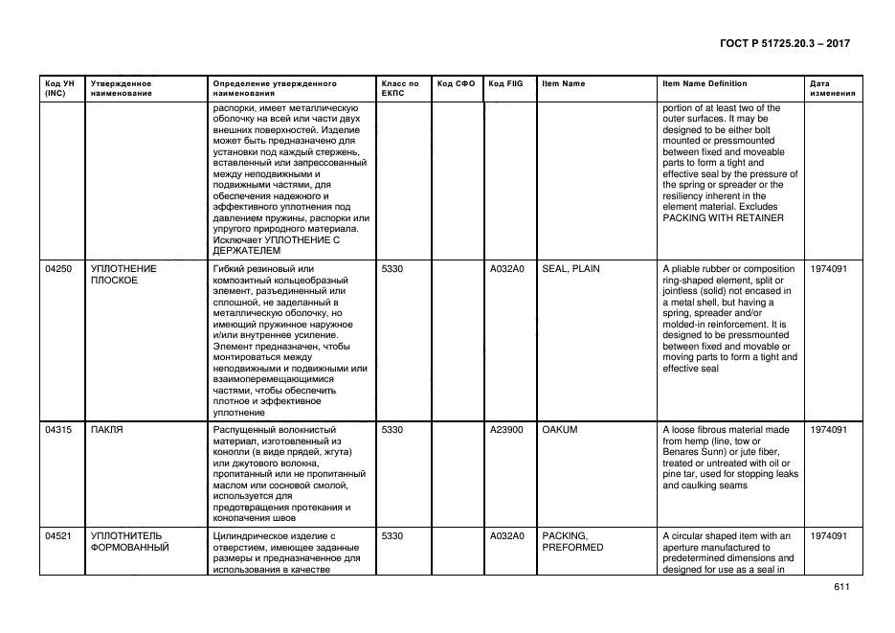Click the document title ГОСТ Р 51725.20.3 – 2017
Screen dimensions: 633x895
click(x=784, y=44)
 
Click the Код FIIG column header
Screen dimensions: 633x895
click(x=505, y=84)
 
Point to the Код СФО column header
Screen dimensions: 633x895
click(x=456, y=84)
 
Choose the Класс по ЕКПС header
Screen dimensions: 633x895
click(x=399, y=89)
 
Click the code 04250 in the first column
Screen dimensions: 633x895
click(x=58, y=269)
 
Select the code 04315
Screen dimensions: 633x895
click(x=58, y=430)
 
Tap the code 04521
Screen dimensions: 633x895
click(x=58, y=536)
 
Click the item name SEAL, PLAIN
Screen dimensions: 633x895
click(x=571, y=269)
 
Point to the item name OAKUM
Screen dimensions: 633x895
click(x=560, y=430)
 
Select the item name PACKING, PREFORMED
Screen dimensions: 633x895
click(x=572, y=542)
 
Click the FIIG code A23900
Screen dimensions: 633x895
click(x=506, y=430)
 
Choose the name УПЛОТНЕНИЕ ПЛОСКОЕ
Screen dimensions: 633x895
click(x=123, y=275)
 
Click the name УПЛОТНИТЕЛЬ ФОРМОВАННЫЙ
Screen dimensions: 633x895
click(x=129, y=542)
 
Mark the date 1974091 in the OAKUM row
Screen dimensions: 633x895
click(x=828, y=430)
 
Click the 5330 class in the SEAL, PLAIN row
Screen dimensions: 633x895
click(x=392, y=269)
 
